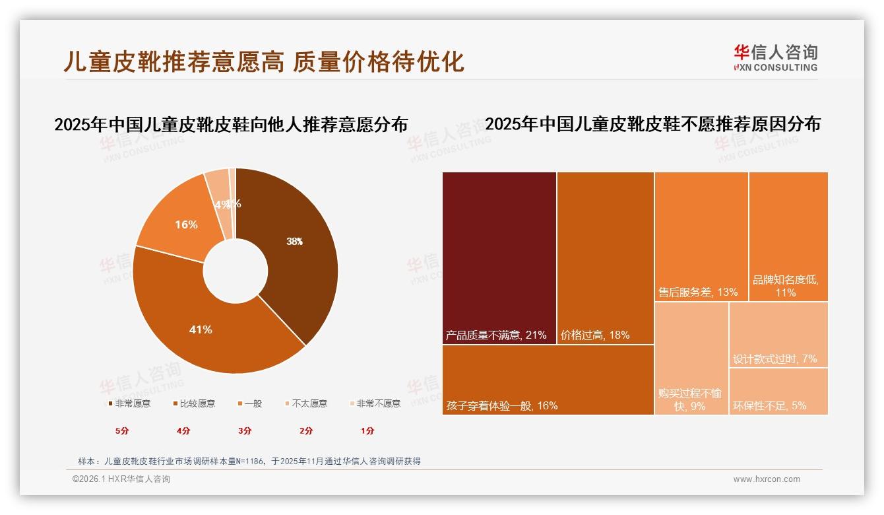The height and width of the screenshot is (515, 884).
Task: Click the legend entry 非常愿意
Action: (129, 403)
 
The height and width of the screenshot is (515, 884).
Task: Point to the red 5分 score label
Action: (122, 430)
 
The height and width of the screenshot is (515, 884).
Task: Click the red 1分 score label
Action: (367, 430)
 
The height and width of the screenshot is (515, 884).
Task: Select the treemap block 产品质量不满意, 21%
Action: (499, 257)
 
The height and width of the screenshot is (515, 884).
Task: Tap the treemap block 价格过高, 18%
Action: (605, 257)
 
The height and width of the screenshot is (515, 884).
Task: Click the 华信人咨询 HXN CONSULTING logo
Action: (775, 57)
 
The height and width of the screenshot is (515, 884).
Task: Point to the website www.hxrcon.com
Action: (766, 479)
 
